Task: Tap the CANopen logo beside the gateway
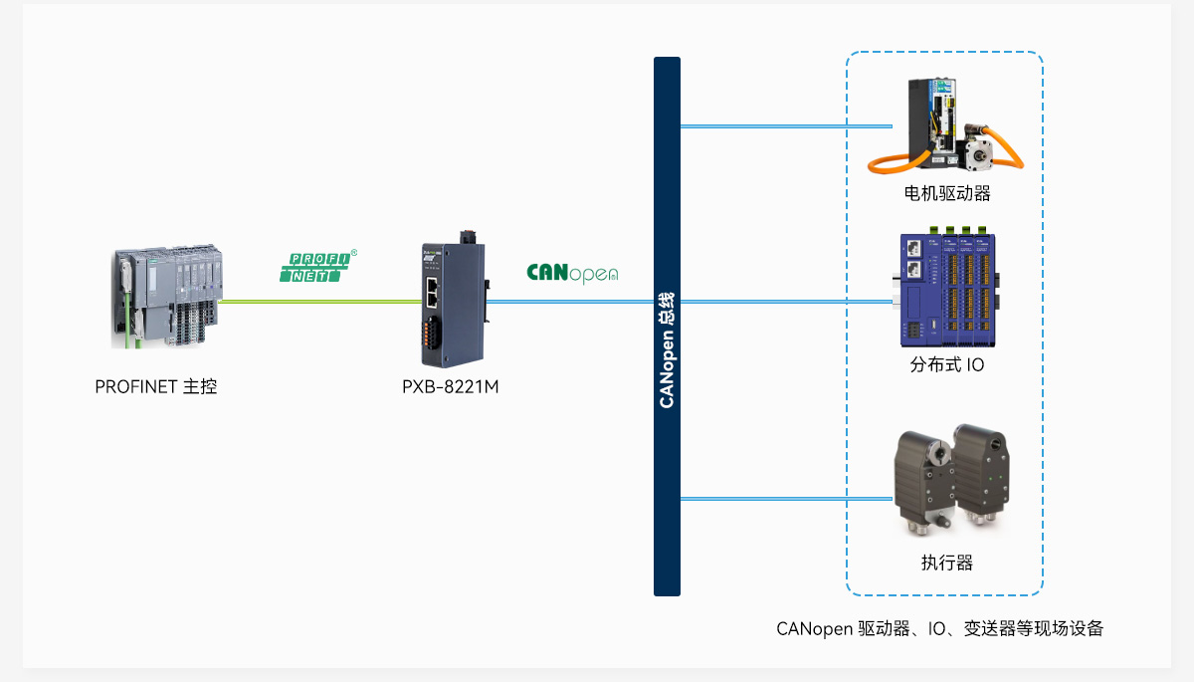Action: tap(572, 273)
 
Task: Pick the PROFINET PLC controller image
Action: tap(164, 297)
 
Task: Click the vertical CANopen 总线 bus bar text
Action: tap(667, 350)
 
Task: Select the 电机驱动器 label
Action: tap(947, 193)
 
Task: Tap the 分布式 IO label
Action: tap(947, 365)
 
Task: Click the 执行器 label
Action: tap(947, 564)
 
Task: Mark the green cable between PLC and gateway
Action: tap(318, 301)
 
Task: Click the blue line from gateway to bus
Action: tap(567, 301)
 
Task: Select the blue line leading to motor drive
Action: tap(786, 126)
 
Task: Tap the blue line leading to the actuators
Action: tap(786, 498)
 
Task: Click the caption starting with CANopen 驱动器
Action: tap(940, 629)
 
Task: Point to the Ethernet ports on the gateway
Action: tap(434, 292)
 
